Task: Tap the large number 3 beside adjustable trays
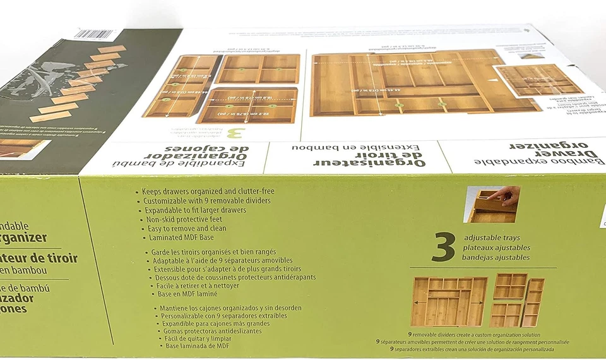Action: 444,247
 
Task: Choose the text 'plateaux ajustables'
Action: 497,248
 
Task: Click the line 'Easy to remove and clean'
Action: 186,229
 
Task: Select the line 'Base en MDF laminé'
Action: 187,294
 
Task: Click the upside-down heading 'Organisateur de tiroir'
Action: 358,156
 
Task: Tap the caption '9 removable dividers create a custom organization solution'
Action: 473,334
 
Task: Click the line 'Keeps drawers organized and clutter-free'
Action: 209,191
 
